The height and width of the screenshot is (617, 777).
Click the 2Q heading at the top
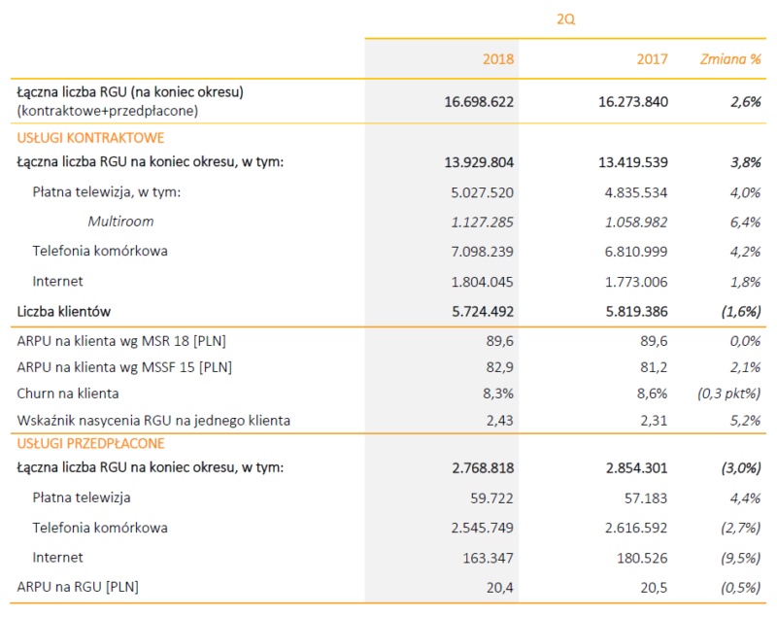click(564, 18)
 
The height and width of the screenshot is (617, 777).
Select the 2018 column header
click(498, 59)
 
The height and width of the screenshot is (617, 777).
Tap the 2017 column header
click(653, 59)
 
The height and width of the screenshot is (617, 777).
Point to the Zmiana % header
click(730, 59)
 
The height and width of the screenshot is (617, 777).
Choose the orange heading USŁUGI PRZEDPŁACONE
click(91, 444)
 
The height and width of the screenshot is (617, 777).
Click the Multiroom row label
click(120, 222)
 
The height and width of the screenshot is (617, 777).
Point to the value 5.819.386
click(626, 312)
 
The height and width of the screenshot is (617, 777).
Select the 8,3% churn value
click(497, 394)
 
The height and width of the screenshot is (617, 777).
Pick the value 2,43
click(498, 421)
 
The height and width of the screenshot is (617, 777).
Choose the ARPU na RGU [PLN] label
click(78, 587)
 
